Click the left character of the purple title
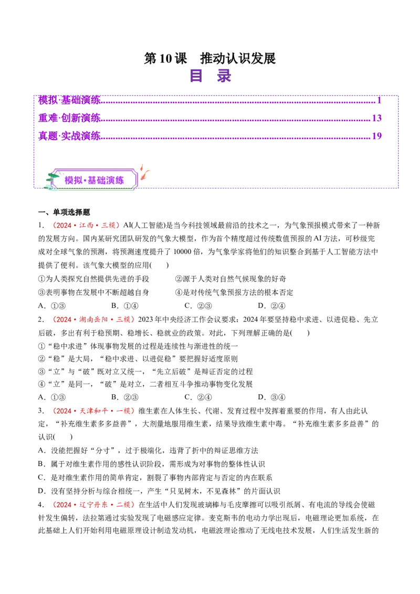pyautogui.click(x=196, y=76)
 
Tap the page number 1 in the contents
pyautogui.click(x=379, y=99)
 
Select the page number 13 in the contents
pyautogui.click(x=376, y=118)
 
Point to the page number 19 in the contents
pyautogui.click(x=376, y=136)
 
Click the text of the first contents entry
pyautogui.click(x=69, y=99)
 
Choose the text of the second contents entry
pyautogui.click(x=69, y=118)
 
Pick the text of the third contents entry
pyautogui.click(x=69, y=136)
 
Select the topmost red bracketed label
pyautogui.click(x=86, y=226)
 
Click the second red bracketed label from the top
pyautogui.click(x=93, y=319)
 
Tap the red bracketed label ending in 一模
pyautogui.click(x=93, y=411)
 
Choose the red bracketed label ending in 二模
pyautogui.click(x=93, y=504)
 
